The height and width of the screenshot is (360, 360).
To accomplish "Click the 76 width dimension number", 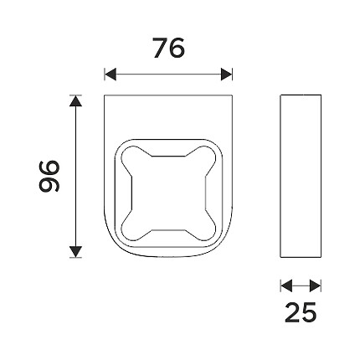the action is [169, 48].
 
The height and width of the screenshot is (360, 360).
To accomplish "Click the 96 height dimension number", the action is [49, 176].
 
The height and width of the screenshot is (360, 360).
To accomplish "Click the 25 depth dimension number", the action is [301, 312].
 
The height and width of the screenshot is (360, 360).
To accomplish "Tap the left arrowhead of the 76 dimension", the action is [111, 75].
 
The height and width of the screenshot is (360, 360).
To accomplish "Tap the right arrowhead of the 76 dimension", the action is [226, 75].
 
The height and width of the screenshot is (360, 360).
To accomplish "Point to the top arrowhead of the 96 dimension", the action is [75, 100].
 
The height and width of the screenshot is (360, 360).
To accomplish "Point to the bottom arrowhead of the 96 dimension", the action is [75, 252].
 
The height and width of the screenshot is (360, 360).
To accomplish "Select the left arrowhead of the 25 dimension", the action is [286, 286].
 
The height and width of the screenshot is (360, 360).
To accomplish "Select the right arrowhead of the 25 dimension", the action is [316, 286].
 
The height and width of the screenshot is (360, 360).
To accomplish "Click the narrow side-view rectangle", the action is [301, 176].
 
